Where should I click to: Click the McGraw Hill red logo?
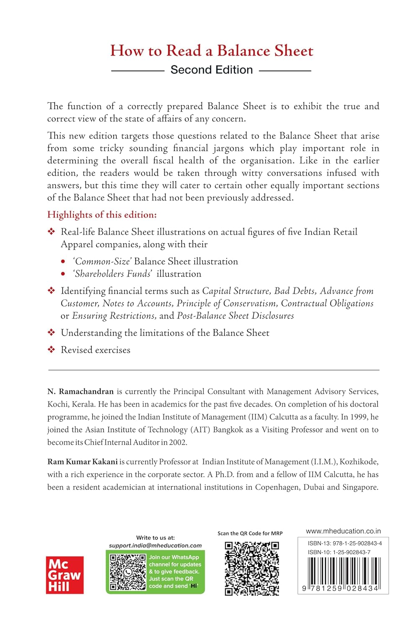(64, 575)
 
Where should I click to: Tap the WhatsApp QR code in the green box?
(128, 572)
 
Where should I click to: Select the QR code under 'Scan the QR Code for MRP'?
(252, 568)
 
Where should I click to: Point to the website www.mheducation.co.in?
(343, 531)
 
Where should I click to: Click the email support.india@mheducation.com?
(155, 545)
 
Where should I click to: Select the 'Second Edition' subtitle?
(211, 70)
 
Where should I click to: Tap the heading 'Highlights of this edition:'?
(102, 215)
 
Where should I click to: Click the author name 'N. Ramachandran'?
(80, 392)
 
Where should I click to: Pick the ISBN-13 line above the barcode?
(344, 543)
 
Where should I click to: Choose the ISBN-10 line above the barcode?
(339, 552)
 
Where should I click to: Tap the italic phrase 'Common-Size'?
(103, 262)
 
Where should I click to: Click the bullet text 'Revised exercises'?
(95, 350)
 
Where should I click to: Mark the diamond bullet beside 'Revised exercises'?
(51, 349)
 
